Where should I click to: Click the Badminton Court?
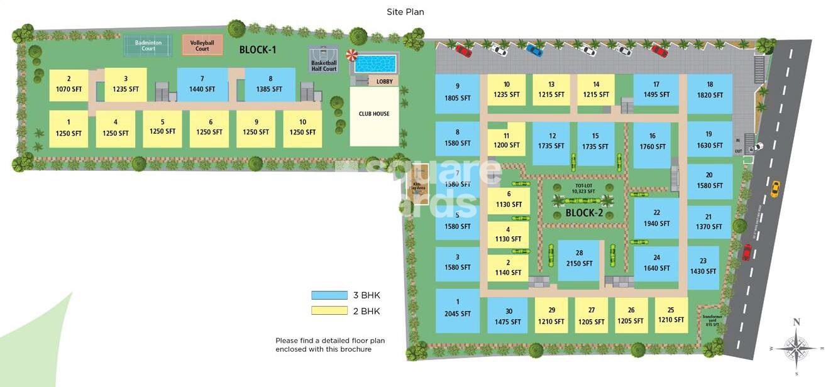[148, 45]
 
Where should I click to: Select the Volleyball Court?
[202, 45]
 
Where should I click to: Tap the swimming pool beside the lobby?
[375, 63]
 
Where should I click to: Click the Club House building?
[374, 115]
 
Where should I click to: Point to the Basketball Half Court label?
[324, 65]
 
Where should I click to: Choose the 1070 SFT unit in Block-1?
[69, 85]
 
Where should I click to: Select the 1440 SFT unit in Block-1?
[202, 84]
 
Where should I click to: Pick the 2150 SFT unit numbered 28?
[579, 259]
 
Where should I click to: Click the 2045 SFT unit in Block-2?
[458, 309]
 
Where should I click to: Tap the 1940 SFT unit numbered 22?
[656, 219]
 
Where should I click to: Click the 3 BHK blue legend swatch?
[329, 295]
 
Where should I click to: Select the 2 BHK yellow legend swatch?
[329, 310]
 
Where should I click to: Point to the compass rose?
[797, 347]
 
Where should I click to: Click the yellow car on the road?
[775, 188]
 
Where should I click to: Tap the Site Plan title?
[405, 11]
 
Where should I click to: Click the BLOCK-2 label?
[584, 213]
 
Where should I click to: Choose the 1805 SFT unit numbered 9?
[458, 93]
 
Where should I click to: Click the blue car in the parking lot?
[534, 50]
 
